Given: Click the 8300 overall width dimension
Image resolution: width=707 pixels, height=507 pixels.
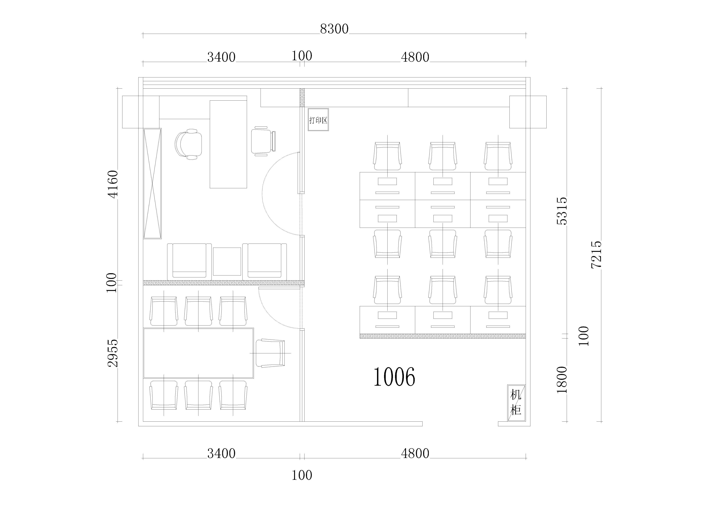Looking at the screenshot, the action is [334, 29].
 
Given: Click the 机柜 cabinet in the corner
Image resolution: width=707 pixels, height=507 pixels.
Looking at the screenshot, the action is [516, 403].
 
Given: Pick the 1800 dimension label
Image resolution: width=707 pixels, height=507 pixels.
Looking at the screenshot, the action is [562, 380].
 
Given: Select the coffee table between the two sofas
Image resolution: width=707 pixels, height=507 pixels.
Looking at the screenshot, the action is [227, 261].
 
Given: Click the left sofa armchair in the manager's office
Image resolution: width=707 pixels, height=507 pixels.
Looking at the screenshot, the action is [187, 261].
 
